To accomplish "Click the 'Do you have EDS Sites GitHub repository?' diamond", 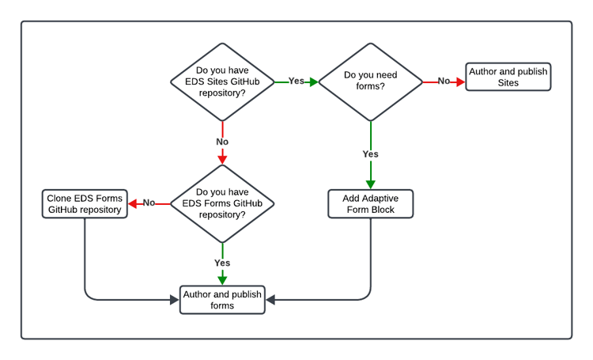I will (222, 81).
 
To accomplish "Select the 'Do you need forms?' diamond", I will (370, 81).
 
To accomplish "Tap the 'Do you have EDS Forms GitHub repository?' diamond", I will (222, 203).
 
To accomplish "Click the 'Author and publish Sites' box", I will (508, 77).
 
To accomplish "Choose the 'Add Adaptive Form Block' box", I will (370, 203).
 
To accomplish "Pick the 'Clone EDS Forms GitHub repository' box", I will (85, 203).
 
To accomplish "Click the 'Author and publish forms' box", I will (222, 300).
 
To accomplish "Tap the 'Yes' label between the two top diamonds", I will (296, 81).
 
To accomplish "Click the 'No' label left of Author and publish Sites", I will (444, 81).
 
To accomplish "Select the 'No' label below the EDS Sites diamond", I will (222, 142).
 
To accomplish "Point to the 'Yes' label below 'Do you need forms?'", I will (370, 154).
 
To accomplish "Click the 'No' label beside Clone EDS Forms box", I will (149, 203).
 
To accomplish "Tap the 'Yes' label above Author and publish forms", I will (222, 263).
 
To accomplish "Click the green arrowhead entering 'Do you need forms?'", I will (313, 81).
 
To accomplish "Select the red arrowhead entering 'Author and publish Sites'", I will (460, 81).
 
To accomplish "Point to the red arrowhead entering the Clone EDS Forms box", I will (133, 203).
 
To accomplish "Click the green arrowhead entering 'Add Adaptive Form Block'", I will (370, 184).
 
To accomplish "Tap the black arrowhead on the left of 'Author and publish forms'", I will (174, 300).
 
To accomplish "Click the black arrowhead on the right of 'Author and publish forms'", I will (270, 300).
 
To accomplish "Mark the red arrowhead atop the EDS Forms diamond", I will (222, 159).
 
